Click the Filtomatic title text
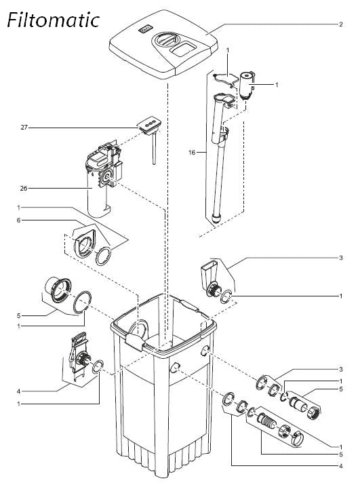point(53,20)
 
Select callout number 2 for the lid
point(340,24)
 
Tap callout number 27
point(24,128)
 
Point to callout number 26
point(24,188)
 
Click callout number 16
point(192,152)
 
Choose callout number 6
point(19,220)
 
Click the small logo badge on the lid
point(144,30)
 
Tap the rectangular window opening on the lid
point(184,50)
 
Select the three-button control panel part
point(148,125)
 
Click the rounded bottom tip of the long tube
point(216,219)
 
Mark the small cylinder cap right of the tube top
point(247,85)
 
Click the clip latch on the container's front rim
point(135,342)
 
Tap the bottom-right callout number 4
point(340,466)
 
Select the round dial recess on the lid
point(167,39)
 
